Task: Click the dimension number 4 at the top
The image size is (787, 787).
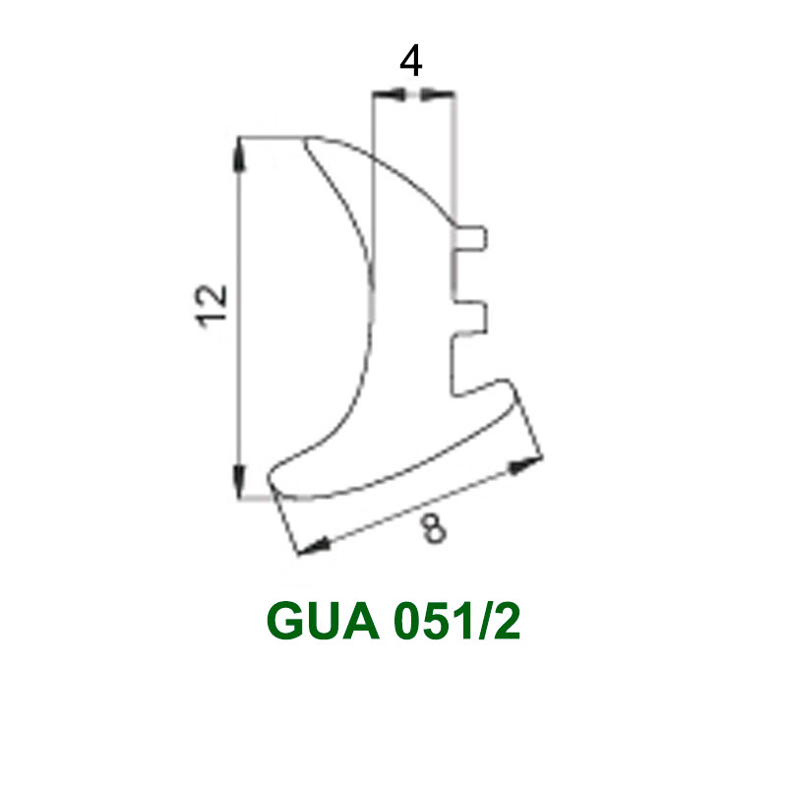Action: pos(410,61)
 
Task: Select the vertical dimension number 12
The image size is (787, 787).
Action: pos(212,307)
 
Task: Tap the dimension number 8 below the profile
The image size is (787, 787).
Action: pos(433,529)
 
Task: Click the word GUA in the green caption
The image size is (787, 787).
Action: pos(324,621)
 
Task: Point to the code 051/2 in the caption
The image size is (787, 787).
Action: pos(457,621)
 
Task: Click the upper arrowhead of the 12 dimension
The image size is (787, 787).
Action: pos(239,154)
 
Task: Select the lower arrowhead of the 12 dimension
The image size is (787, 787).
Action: pos(239,481)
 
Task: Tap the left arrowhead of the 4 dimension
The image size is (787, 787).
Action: pos(390,93)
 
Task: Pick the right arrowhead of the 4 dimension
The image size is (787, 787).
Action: pos(438,93)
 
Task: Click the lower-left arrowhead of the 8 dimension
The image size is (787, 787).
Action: pos(314,547)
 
